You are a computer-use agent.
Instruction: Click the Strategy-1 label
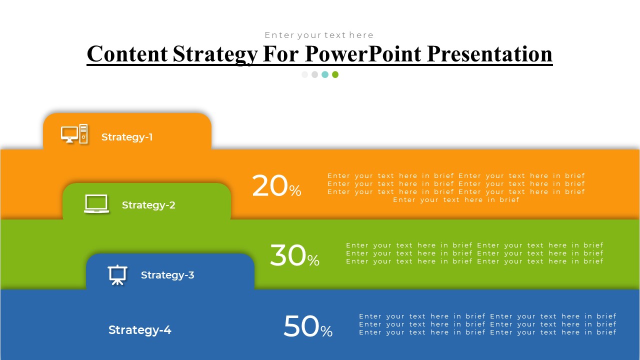click(127, 137)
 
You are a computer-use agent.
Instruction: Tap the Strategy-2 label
click(148, 205)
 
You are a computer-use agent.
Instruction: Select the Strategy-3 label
click(167, 275)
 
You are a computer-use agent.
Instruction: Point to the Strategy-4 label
click(140, 330)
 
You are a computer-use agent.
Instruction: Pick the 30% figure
click(294, 255)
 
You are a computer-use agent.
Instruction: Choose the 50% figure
click(308, 326)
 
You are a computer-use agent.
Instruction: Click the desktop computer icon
click(74, 133)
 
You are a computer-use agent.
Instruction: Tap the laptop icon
click(96, 203)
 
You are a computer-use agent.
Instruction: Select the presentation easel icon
click(117, 275)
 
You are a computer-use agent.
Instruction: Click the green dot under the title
click(335, 74)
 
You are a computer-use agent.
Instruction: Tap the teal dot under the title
click(325, 74)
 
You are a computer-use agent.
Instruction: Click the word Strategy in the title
click(215, 54)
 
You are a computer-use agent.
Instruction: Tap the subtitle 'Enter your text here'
click(319, 35)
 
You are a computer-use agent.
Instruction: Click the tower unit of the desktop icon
click(83, 133)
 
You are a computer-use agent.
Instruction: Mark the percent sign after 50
click(326, 331)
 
